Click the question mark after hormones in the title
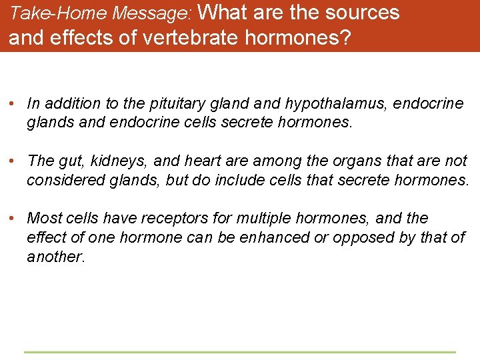344,38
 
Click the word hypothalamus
336,104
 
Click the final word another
55,257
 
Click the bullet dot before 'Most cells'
13,219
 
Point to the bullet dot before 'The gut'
13,161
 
